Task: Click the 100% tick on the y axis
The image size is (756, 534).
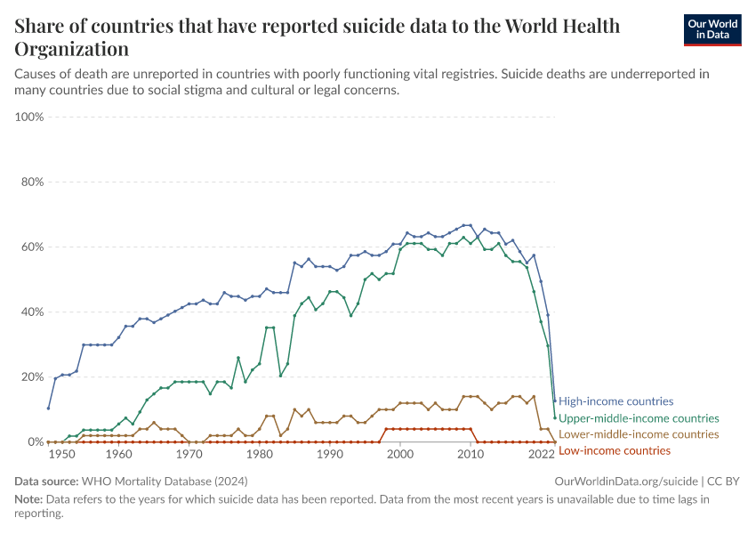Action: (x=29, y=117)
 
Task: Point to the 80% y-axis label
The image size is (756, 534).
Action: (x=32, y=182)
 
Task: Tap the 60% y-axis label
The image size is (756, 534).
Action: (x=32, y=247)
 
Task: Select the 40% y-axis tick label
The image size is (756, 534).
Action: (x=32, y=312)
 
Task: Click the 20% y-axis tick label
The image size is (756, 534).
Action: (x=32, y=377)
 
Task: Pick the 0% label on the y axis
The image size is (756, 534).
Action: (x=36, y=442)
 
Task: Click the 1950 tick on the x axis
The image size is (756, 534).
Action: (x=62, y=454)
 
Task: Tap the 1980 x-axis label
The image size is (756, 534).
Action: (x=259, y=454)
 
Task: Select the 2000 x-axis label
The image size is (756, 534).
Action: (x=400, y=454)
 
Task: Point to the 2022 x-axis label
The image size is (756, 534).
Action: (x=541, y=454)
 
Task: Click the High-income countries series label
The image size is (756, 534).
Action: (x=615, y=401)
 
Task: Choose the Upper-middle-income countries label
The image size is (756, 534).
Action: (x=639, y=417)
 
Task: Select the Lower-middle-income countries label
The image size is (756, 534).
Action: (x=639, y=434)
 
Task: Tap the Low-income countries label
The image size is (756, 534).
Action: (x=615, y=450)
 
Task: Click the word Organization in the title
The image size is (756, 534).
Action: (x=71, y=49)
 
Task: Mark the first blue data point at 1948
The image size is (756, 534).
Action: (x=48, y=408)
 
